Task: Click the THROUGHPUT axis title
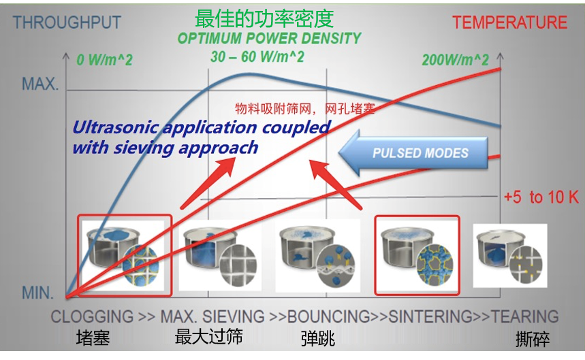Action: (67, 22)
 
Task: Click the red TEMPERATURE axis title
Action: (509, 22)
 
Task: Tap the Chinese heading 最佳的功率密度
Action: (264, 18)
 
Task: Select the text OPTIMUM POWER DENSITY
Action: (269, 38)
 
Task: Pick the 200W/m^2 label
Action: (455, 60)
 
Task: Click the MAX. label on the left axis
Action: (40, 85)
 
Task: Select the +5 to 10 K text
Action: (541, 197)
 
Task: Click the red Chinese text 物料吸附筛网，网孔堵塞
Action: (305, 108)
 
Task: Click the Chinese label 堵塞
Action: (93, 338)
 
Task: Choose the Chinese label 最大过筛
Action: (208, 337)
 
